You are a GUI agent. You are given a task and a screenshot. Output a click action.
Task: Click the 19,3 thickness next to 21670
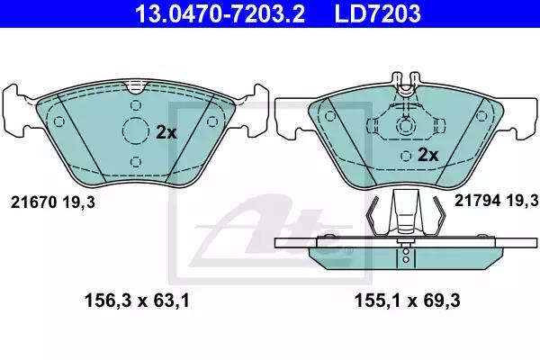[x=79, y=203]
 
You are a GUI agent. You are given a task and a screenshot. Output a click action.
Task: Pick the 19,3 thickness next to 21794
[x=523, y=200]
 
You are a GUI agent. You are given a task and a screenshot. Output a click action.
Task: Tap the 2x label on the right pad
[x=427, y=155]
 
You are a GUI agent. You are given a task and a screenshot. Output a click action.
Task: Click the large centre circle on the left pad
[x=135, y=132]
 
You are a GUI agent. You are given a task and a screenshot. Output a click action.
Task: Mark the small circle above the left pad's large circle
[x=135, y=104]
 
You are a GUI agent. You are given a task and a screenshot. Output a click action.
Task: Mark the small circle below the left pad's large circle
[x=135, y=162]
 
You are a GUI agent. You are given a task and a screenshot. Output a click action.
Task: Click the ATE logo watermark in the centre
[x=270, y=225]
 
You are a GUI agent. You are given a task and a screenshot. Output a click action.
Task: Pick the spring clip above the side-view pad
[x=406, y=217]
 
